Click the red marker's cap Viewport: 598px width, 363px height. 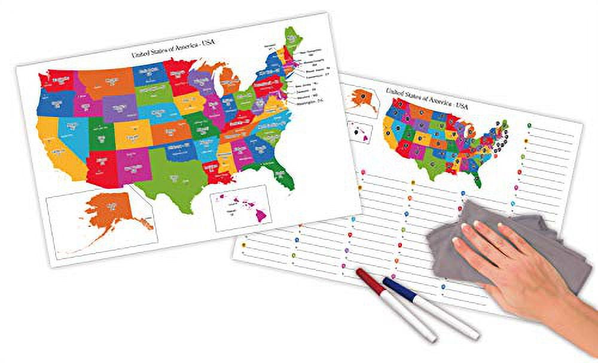(x=366, y=279)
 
